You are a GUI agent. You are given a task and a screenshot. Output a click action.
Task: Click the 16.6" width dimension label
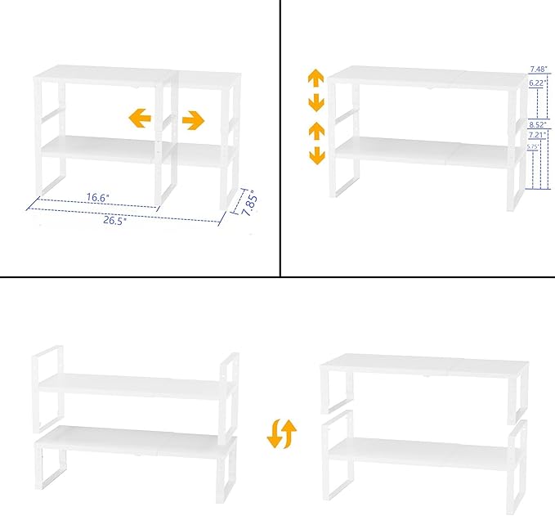97,196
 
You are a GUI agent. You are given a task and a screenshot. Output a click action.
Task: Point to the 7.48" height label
537,69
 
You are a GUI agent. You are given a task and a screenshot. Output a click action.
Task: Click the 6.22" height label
537,83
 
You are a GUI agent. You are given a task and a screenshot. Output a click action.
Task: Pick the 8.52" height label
537,125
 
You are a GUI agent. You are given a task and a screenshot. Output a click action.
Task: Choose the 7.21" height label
537,135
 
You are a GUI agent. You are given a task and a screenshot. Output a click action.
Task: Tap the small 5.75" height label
533,146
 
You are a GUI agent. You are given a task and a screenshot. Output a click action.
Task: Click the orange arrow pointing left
140,119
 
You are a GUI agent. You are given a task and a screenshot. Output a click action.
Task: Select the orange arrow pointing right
193,121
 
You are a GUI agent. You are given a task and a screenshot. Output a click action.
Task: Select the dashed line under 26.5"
123,214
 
